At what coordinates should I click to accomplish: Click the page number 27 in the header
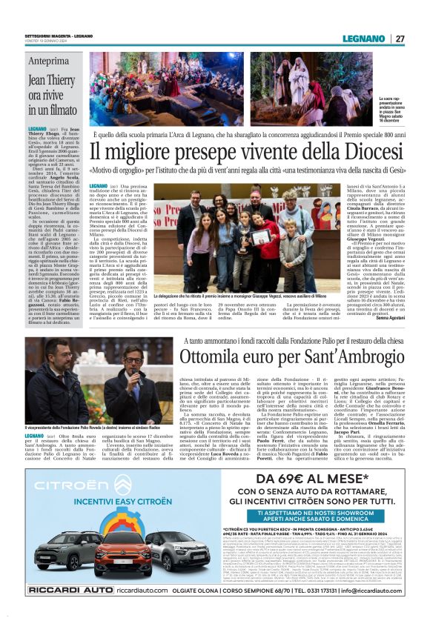pos(400,39)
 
